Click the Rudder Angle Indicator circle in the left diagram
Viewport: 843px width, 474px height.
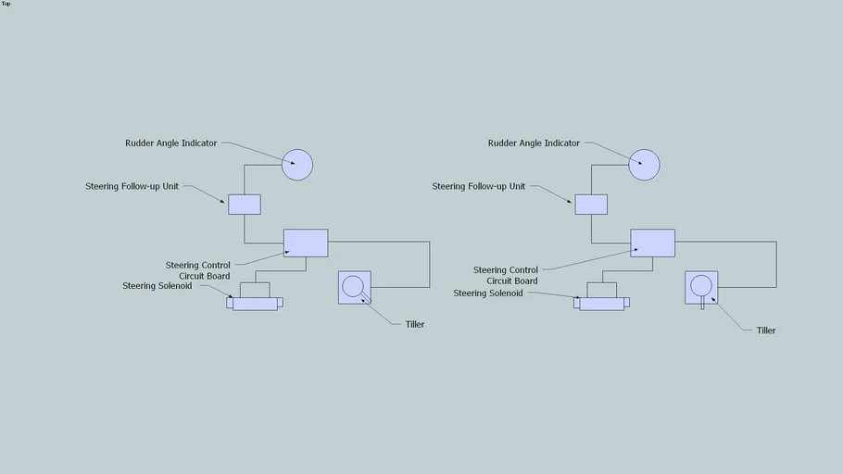click(297, 165)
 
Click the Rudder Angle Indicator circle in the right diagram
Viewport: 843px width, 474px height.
click(644, 165)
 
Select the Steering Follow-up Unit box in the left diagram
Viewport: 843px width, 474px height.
click(245, 204)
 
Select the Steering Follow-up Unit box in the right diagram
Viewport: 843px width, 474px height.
click(591, 204)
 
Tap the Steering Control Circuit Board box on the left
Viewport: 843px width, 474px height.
click(306, 243)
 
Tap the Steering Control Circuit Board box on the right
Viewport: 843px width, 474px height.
click(652, 243)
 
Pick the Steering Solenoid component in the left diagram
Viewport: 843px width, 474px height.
click(255, 302)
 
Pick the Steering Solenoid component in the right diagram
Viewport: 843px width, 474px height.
click(601, 302)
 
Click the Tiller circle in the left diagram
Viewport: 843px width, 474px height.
click(353, 286)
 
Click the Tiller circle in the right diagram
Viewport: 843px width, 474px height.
click(700, 285)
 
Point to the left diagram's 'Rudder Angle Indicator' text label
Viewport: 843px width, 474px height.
click(171, 143)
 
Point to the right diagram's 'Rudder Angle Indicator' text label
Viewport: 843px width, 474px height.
click(534, 143)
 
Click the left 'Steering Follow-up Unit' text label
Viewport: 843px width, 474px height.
click(132, 186)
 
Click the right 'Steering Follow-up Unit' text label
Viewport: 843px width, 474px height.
click(478, 186)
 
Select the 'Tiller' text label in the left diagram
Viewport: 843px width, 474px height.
click(415, 324)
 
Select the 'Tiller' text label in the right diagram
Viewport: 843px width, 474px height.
click(766, 331)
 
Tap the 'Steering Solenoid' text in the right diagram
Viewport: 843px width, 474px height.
click(488, 293)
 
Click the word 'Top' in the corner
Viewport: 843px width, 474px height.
click(6, 4)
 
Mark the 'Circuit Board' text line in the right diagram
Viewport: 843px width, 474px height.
click(512, 281)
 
